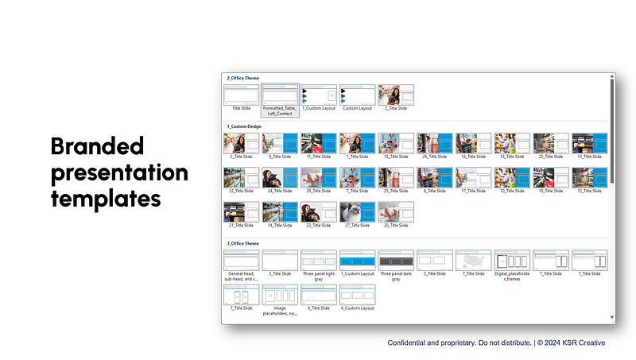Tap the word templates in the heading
point(106,198)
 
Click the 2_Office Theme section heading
point(243,78)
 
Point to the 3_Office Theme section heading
point(243,243)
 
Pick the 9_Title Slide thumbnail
point(279,143)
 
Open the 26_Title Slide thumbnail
point(434,143)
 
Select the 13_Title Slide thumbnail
point(590,143)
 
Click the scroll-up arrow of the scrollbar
point(611,78)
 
